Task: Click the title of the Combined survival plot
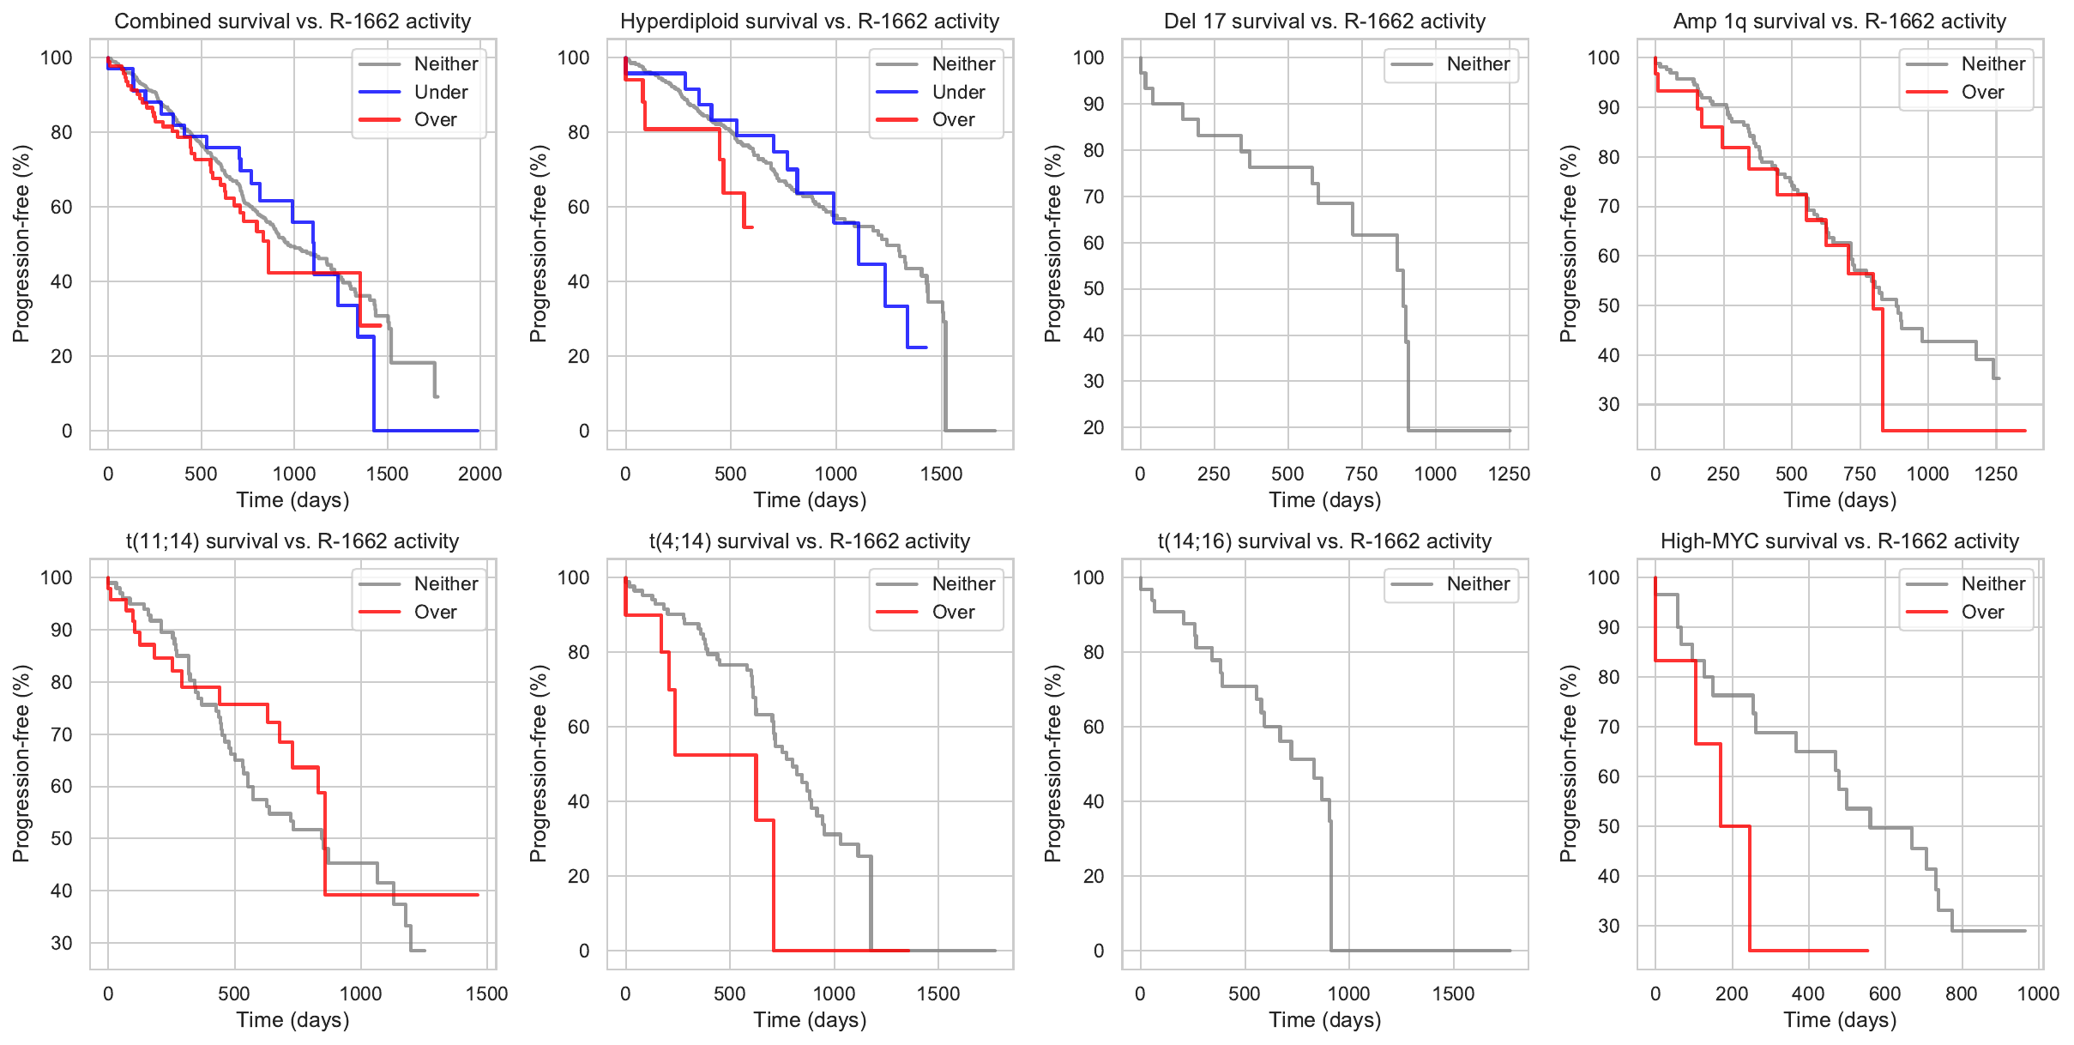click(x=292, y=21)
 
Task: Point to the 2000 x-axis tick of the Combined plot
click(x=479, y=474)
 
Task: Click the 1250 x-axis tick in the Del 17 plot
click(x=1509, y=474)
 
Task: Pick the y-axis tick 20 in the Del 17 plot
click(x=1094, y=427)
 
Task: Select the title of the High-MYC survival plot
click(x=1840, y=541)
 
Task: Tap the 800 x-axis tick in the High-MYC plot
click(x=1961, y=994)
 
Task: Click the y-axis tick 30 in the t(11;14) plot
click(x=62, y=943)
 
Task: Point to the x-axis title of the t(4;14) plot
click(x=810, y=1020)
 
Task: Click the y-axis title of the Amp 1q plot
click(x=1569, y=244)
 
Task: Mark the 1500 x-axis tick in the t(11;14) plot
click(x=486, y=994)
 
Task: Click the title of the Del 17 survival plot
click(x=1324, y=21)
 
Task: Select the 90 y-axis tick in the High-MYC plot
click(x=1609, y=627)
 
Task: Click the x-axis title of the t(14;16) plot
click(x=1324, y=1020)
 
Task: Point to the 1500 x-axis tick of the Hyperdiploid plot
click(x=941, y=474)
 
